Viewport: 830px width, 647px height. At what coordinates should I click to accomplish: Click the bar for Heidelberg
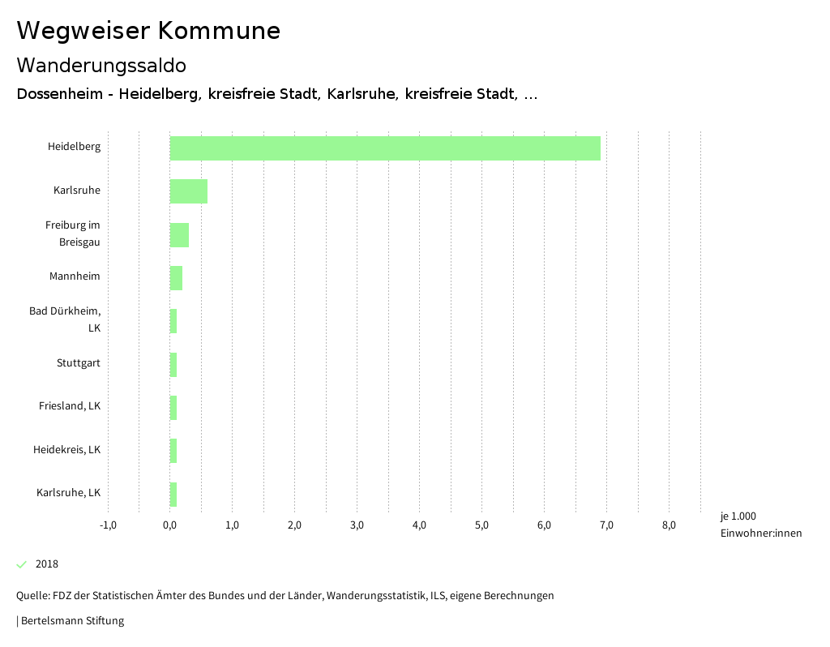385,148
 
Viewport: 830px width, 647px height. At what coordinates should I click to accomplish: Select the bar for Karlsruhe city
189,191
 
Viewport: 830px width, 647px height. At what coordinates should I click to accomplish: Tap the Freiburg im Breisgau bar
179,235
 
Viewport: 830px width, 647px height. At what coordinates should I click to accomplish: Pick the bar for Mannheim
176,277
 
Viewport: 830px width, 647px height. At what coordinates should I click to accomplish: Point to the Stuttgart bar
173,364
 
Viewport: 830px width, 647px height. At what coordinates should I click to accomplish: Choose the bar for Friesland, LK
173,407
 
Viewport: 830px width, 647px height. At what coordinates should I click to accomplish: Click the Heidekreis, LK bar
173,450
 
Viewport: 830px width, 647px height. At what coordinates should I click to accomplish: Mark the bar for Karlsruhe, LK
173,493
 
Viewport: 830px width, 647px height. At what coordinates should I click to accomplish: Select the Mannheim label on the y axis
75,276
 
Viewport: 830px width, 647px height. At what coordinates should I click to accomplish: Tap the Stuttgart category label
79,363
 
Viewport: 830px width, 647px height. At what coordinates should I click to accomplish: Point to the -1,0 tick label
108,525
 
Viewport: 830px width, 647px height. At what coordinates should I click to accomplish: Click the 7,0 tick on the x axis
606,525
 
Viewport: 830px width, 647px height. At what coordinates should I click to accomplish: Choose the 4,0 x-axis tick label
419,525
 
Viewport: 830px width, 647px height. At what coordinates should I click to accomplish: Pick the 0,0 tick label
170,525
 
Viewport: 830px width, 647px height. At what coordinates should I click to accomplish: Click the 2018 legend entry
46,564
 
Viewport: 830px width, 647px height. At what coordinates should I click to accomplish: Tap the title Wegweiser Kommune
148,31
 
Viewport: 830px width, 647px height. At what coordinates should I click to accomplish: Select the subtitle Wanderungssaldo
101,65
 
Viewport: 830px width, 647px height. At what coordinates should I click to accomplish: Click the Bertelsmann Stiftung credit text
71,621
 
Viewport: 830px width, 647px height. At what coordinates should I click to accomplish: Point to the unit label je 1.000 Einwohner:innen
760,525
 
